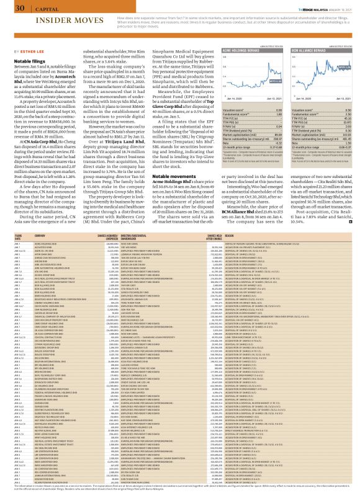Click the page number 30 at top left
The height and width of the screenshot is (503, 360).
(x=20, y=8)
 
